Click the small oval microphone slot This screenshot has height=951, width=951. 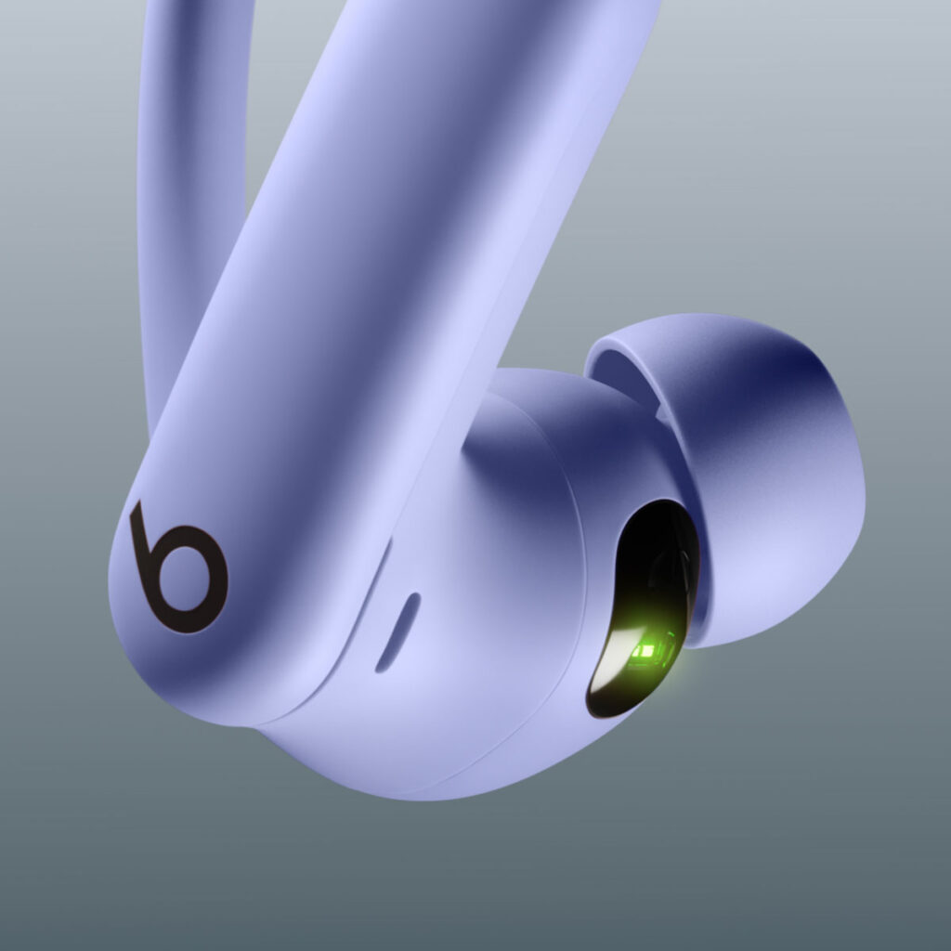point(397,632)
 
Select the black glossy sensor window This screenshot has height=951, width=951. point(641,604)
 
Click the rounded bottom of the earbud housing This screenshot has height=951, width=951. point(418,771)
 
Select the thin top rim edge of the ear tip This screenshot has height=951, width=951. point(669,325)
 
